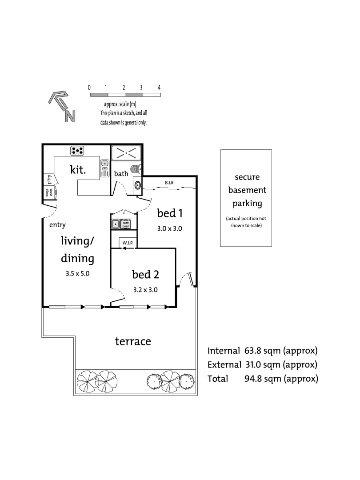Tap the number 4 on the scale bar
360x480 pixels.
tap(159, 87)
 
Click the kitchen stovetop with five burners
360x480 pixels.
tap(78, 151)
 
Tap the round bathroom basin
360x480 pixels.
tap(137, 185)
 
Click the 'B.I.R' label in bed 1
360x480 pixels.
tap(169, 183)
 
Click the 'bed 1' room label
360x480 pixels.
tap(170, 213)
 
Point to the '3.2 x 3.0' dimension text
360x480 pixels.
tap(145, 289)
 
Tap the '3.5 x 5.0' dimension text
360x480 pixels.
tap(77, 273)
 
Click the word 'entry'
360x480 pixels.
tap(57, 225)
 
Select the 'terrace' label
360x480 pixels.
tap(133, 341)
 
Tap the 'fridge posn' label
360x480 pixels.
tap(48, 192)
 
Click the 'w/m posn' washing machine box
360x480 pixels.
tap(126, 224)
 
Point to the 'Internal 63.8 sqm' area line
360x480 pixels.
tap(262, 350)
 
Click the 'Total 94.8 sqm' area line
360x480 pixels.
tap(262, 379)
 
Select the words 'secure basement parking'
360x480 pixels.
tap(247, 190)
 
